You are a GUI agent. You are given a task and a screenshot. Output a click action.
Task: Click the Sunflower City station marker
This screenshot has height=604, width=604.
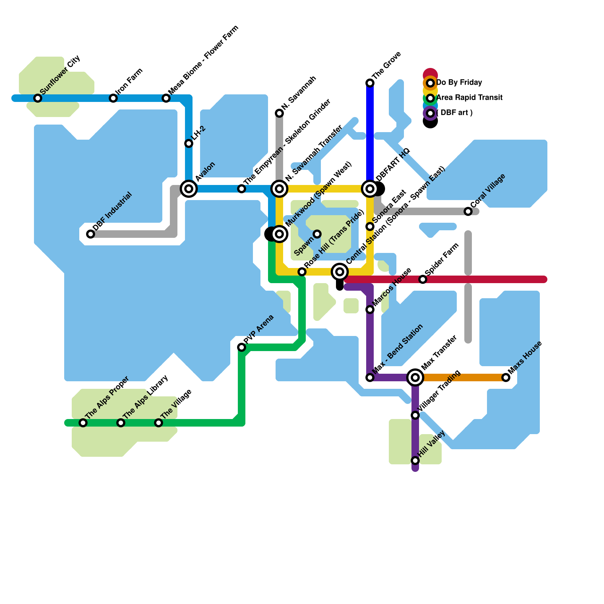click(x=38, y=98)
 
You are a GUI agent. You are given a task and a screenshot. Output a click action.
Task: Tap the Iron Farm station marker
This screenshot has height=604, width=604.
click(x=113, y=98)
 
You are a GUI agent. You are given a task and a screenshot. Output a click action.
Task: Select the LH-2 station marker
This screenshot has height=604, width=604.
click(x=189, y=143)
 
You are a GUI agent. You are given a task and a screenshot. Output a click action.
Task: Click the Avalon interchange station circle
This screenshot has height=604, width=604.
click(x=189, y=189)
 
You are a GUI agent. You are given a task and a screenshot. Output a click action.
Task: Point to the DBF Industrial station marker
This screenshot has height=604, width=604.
click(x=91, y=234)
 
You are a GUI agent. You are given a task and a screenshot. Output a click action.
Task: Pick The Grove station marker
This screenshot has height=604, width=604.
click(x=370, y=83)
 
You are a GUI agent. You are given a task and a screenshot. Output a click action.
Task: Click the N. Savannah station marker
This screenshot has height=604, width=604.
click(x=279, y=113)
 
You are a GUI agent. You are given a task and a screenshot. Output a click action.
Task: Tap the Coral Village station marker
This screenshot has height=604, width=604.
click(x=468, y=211)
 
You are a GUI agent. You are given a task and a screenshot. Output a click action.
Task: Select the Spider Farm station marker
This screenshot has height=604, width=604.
click(x=423, y=279)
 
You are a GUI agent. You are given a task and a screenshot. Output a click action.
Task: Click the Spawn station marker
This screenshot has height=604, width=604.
click(x=317, y=234)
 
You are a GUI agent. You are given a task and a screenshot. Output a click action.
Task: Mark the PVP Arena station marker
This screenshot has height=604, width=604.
click(x=242, y=347)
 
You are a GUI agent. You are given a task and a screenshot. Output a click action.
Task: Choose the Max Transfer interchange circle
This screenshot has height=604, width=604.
click(x=415, y=377)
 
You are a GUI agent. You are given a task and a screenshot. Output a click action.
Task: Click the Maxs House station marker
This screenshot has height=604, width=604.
click(x=506, y=377)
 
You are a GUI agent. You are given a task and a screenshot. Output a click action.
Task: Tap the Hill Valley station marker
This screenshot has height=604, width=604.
click(x=415, y=461)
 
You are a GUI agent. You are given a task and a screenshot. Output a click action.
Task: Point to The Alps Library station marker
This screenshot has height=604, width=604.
click(x=121, y=423)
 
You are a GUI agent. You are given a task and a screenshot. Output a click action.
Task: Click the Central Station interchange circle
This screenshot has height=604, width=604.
click(x=340, y=272)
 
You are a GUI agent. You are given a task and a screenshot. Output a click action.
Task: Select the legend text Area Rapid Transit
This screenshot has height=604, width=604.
click(x=469, y=98)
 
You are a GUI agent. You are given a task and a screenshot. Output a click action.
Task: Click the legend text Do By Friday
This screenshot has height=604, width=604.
click(x=459, y=83)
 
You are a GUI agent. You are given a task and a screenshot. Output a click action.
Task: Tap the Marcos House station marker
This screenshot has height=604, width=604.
click(x=370, y=310)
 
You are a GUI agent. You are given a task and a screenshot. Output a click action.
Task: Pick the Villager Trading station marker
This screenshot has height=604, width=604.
click(x=415, y=415)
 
